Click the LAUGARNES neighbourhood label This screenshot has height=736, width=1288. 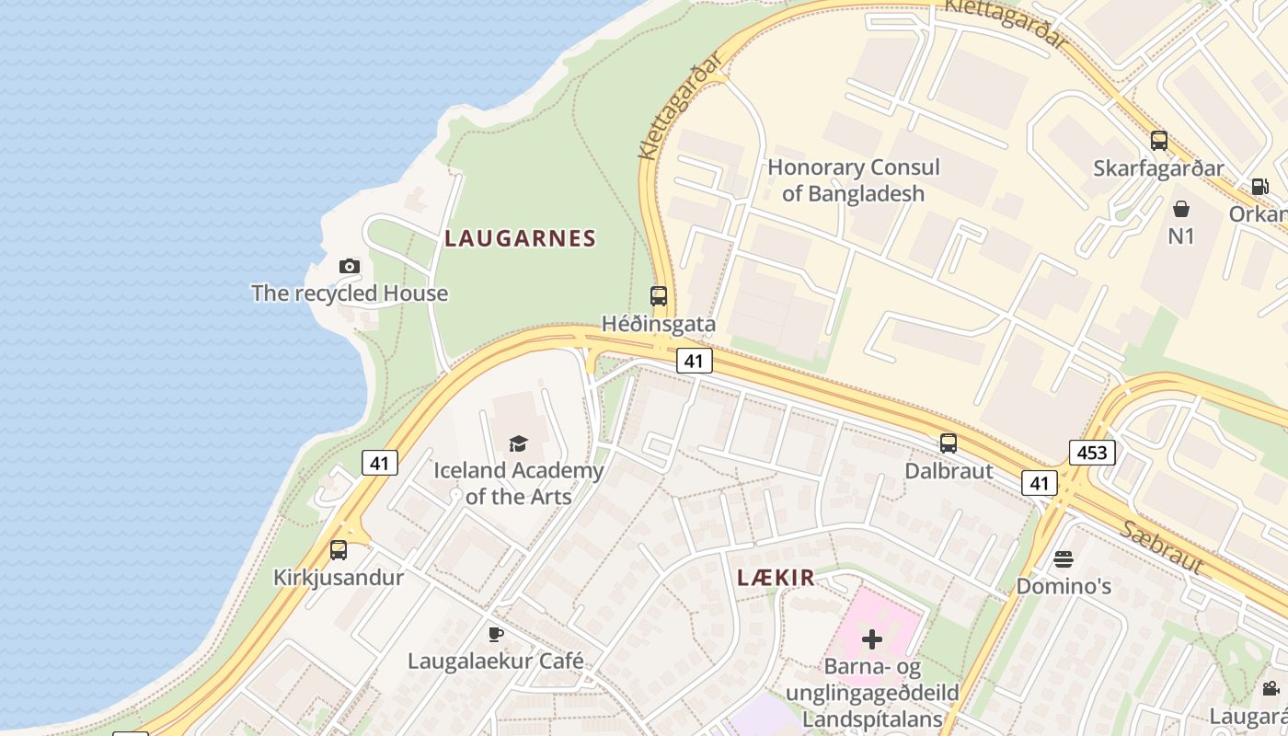tap(521, 239)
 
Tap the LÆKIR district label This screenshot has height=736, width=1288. tap(776, 578)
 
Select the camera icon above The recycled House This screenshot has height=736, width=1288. tap(349, 267)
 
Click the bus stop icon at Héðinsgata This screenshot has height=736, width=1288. tap(659, 296)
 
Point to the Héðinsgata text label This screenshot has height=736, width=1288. tap(659, 324)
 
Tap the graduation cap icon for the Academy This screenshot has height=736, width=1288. tap(519, 443)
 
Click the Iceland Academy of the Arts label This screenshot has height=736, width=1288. tap(519, 483)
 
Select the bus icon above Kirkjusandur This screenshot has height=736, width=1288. tap(339, 550)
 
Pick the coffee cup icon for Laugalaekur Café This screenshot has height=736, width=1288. tap(496, 634)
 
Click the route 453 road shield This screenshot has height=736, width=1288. tap(1092, 453)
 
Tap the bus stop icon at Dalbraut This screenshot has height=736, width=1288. tap(949, 443)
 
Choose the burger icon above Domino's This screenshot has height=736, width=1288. tap(1064, 559)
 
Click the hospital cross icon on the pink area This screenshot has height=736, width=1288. tap(872, 638)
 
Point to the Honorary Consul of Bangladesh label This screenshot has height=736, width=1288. tap(854, 180)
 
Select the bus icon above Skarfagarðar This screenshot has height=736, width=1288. tap(1159, 141)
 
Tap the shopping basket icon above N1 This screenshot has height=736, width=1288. tap(1181, 209)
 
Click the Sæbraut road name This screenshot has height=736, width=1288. tap(1161, 546)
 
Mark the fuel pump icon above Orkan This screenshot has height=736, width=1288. tap(1259, 187)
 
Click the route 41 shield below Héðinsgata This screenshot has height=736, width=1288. tap(695, 361)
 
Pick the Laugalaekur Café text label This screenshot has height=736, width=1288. tap(496, 661)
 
